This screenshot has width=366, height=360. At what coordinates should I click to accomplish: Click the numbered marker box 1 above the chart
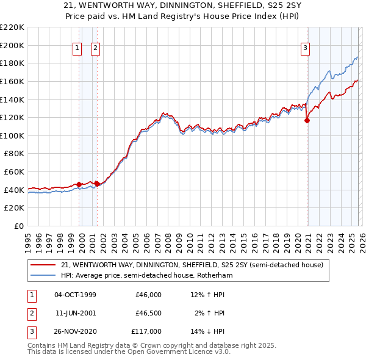point(78,49)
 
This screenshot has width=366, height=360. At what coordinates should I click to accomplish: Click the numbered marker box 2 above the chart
point(96,49)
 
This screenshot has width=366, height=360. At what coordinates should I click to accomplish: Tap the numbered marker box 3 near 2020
point(305,49)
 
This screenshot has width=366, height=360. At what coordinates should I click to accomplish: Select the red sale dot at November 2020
point(307,120)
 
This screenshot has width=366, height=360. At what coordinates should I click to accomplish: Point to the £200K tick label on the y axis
point(13,45)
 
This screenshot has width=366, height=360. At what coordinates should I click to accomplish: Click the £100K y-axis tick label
point(13,135)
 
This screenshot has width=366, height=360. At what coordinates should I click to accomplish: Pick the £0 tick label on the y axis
point(19,226)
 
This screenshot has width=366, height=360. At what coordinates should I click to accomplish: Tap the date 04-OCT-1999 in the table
point(75,295)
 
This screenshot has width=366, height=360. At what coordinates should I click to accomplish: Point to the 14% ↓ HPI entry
point(207,331)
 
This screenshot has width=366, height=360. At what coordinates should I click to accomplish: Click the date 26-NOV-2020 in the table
point(75,331)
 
